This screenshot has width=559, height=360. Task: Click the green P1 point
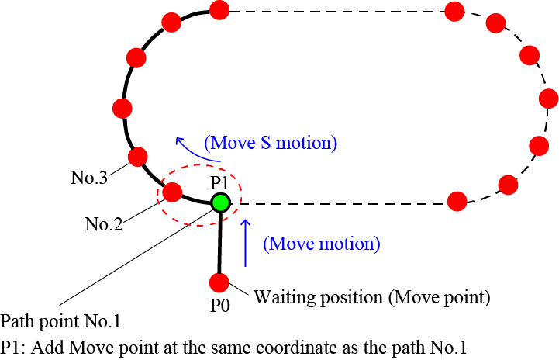click(220, 203)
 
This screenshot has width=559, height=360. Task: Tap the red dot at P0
click(220, 282)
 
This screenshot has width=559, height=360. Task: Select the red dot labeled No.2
click(172, 191)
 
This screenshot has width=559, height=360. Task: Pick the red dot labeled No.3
click(138, 157)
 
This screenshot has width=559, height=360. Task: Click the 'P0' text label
click(220, 306)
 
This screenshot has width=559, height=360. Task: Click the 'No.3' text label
click(90, 175)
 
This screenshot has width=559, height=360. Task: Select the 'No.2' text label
click(104, 225)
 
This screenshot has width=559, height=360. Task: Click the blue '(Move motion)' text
click(322, 244)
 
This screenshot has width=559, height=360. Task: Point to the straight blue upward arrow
click(247, 243)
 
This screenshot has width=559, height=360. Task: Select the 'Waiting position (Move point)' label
click(373, 296)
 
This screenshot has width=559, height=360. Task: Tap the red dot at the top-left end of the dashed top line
click(219, 10)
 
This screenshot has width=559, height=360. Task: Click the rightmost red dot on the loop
click(549, 99)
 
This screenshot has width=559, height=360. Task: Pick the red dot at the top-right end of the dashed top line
click(455, 11)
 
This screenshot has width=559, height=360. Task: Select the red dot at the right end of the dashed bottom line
click(457, 202)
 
